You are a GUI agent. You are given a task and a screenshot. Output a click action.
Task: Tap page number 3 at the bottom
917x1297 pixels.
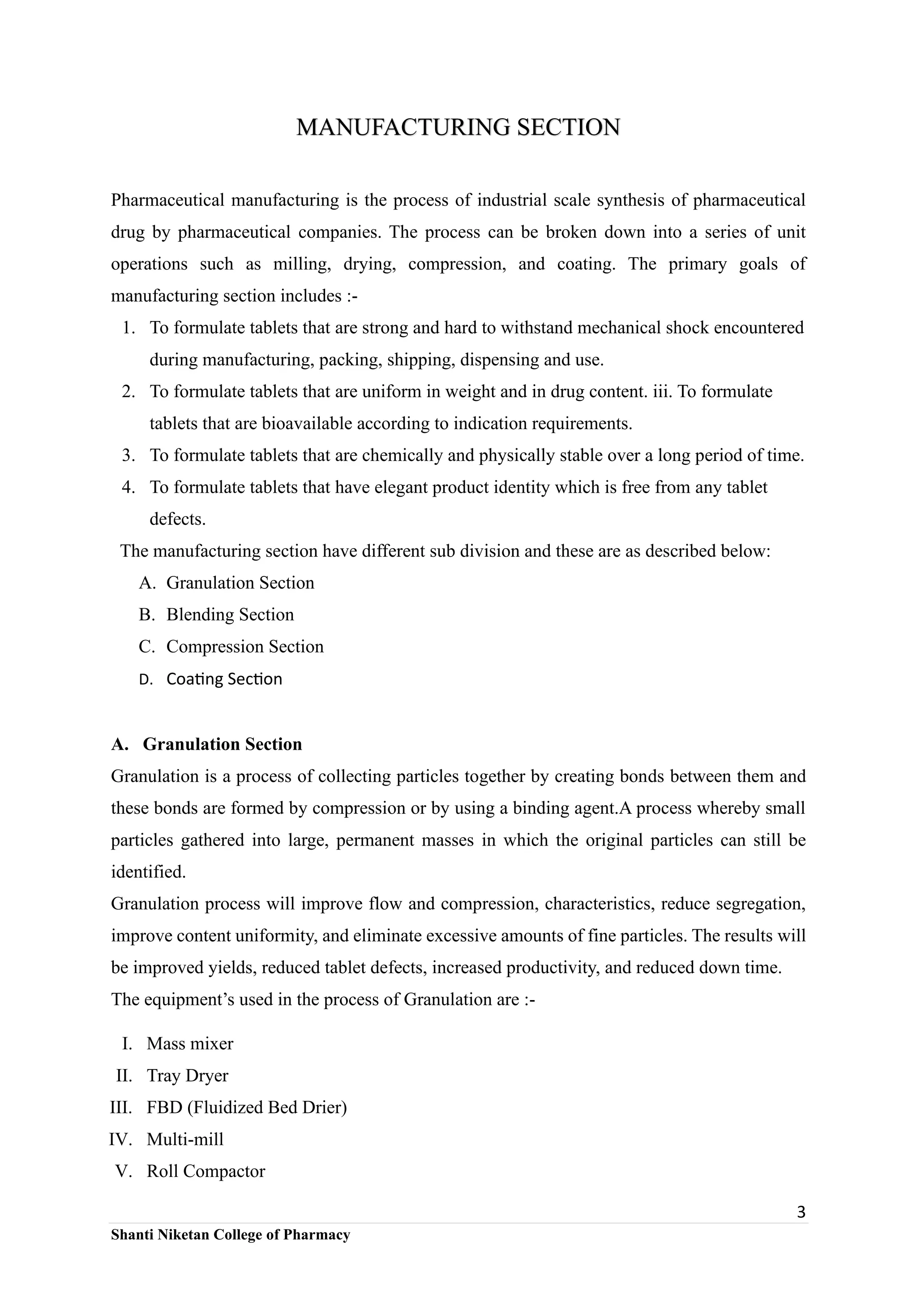click(801, 1212)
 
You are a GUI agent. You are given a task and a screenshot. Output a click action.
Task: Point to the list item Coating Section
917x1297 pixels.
click(224, 679)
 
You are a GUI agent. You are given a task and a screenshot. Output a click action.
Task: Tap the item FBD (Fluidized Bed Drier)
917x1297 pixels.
click(247, 1107)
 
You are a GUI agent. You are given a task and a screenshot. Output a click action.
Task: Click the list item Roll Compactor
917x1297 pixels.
click(206, 1171)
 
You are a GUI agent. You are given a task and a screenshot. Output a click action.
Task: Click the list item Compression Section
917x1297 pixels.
click(244, 646)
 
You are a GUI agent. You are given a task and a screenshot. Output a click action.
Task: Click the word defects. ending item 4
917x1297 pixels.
click(177, 519)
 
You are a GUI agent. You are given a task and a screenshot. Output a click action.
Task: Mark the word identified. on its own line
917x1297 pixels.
click(148, 872)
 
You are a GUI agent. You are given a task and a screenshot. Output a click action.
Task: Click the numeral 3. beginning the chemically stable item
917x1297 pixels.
click(128, 455)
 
